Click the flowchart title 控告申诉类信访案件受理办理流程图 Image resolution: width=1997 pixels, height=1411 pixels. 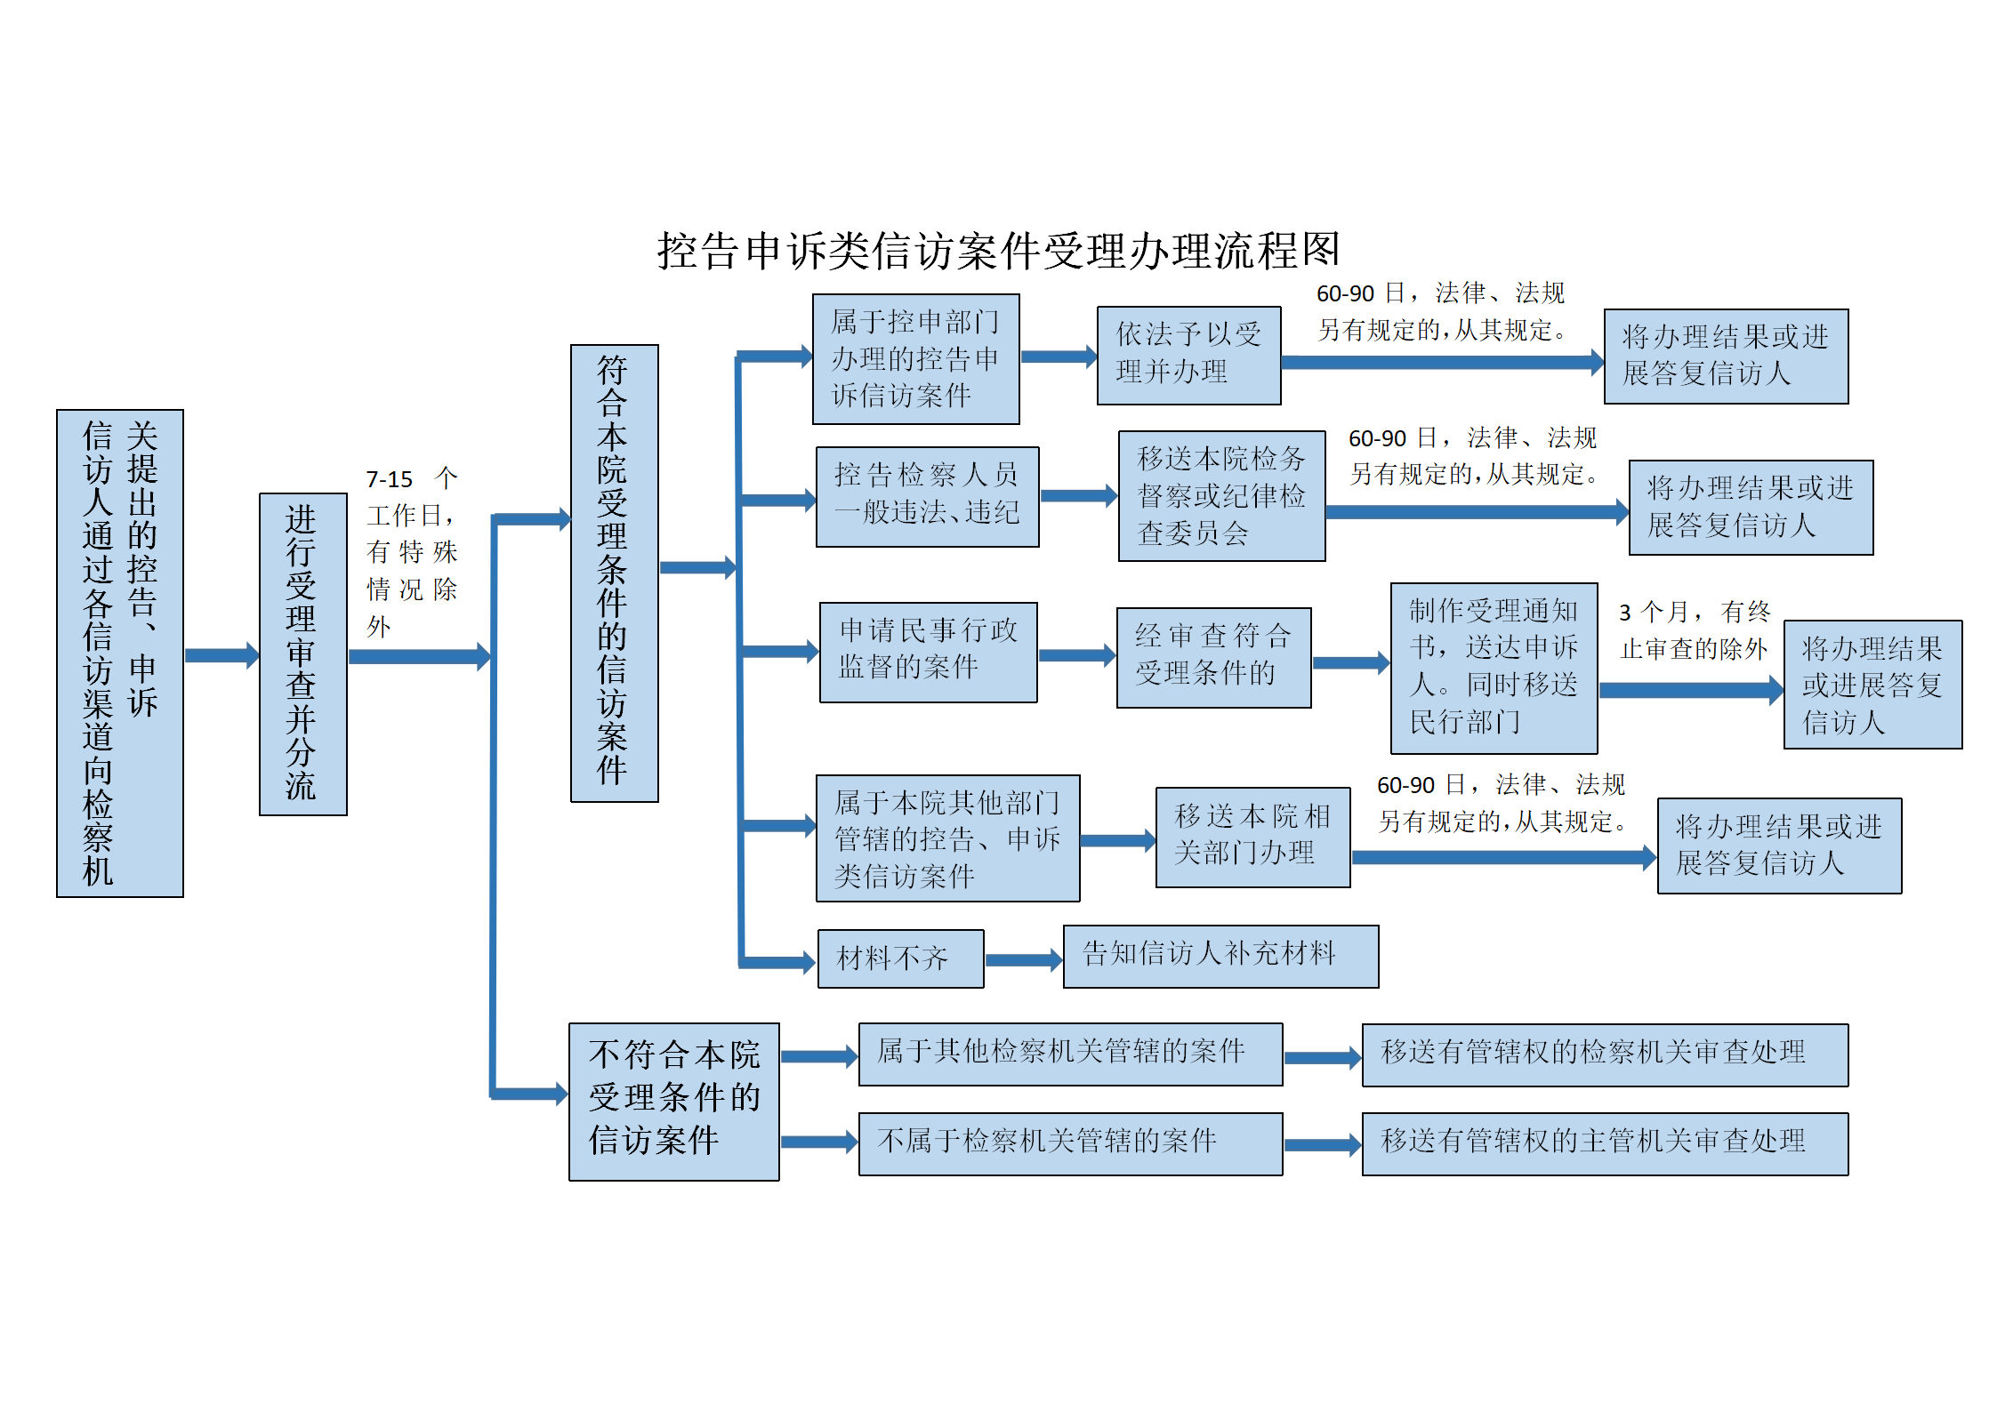[998, 250]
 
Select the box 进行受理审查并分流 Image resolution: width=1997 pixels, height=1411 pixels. [303, 653]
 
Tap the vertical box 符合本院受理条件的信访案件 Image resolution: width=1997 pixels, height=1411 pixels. [615, 573]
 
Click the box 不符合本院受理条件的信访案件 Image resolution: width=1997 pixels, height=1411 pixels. [674, 1102]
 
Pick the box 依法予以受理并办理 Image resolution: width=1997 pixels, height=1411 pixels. [1189, 356]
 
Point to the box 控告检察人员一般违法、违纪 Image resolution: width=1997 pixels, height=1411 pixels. [928, 496]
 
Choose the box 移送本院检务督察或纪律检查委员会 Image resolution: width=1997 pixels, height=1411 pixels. [1222, 496]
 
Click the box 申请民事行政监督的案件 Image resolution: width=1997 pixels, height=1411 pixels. [929, 652]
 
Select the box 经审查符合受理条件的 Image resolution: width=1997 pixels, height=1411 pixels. [1214, 657]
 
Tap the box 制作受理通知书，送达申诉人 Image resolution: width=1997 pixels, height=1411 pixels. [1494, 668]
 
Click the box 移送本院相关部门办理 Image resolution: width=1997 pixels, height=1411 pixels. [1253, 837]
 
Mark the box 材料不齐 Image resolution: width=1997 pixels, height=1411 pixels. [901, 958]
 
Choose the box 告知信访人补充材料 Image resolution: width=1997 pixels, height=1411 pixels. [1221, 956]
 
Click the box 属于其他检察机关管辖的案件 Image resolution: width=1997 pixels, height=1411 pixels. [1071, 1054]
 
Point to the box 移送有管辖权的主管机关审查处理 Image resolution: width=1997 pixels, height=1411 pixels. [1606, 1143]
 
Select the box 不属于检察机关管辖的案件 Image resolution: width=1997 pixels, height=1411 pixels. [1071, 1143]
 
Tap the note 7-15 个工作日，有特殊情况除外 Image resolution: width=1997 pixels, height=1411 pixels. [412, 552]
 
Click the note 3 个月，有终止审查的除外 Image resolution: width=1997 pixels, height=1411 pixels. [1695, 629]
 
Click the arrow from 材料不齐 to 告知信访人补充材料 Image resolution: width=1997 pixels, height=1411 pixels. [1024, 959]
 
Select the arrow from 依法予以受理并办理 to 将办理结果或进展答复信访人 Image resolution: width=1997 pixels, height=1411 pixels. [1443, 362]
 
